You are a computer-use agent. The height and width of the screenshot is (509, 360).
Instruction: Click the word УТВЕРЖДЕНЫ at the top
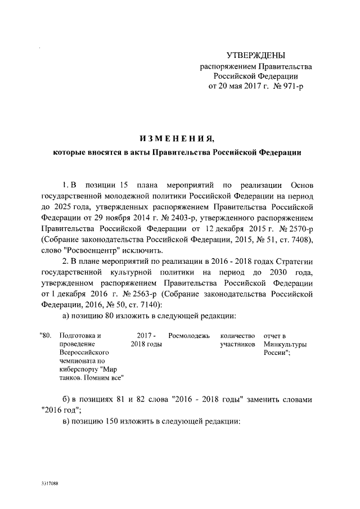tap(255, 55)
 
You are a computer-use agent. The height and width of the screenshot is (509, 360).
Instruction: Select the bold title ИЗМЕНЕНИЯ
tap(178, 138)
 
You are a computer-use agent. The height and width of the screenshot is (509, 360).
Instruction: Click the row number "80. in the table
tap(46, 336)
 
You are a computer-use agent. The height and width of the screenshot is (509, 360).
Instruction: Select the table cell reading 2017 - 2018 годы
tap(146, 340)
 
